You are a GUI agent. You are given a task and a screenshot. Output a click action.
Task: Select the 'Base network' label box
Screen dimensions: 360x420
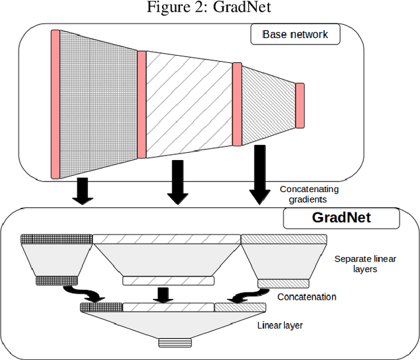[x=296, y=35]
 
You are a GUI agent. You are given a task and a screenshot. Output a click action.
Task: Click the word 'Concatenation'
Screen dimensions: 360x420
[x=306, y=297]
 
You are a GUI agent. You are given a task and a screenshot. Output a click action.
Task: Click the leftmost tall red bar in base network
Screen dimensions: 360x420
[x=56, y=104]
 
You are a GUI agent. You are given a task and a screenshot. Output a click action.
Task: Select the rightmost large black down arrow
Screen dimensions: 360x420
[x=259, y=174]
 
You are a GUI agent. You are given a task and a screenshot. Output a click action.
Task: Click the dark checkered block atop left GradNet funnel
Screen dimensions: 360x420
[x=56, y=239]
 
